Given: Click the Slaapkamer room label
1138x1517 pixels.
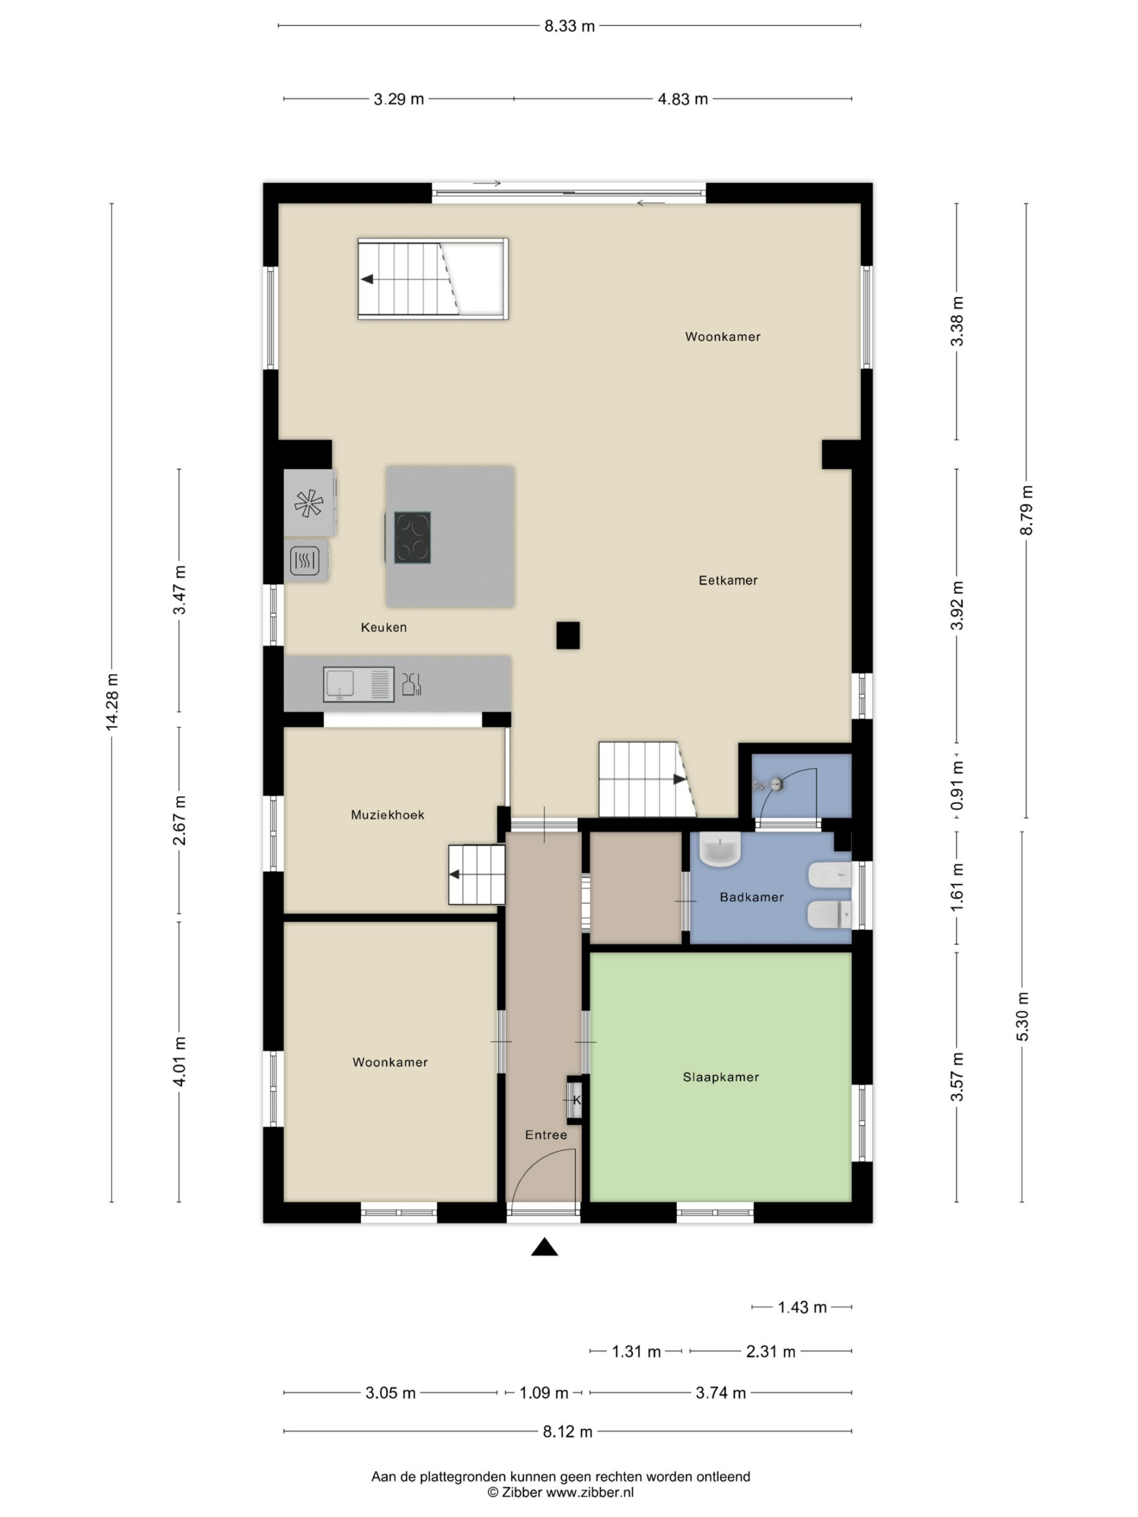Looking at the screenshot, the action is (720, 1077).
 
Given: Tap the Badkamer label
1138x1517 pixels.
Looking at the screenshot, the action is (751, 897).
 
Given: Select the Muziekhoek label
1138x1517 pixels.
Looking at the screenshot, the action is (388, 815).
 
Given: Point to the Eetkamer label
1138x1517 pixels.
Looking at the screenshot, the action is (728, 580).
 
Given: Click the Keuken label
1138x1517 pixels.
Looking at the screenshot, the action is (383, 627).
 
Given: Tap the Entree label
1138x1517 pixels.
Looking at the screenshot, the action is (546, 1135).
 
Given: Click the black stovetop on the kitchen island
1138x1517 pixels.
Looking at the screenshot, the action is (413, 537).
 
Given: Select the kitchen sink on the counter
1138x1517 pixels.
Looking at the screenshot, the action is (359, 684).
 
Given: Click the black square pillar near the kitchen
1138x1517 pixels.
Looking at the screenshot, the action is (568, 635).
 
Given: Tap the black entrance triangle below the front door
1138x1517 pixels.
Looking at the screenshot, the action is (545, 1247).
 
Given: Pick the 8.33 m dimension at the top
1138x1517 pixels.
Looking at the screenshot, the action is (570, 26).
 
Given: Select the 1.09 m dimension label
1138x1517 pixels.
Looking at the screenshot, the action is (544, 1393).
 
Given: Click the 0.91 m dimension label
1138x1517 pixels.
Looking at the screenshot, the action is (958, 785).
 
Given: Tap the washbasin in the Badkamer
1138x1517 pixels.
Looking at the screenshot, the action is (720, 850).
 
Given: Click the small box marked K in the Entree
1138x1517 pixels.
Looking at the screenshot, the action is (575, 1100).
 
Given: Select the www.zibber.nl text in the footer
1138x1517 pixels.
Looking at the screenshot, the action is (589, 1492).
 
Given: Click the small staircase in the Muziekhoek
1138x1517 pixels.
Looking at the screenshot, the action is (477, 875).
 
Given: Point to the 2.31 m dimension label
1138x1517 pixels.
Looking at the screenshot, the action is (771, 1352).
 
